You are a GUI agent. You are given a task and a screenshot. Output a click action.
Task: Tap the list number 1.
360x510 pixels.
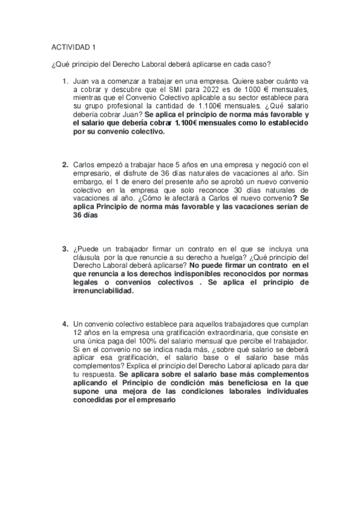click(64, 80)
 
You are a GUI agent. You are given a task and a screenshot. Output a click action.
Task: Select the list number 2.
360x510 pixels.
click(64, 164)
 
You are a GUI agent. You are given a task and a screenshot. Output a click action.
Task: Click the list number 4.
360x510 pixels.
click(64, 325)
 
